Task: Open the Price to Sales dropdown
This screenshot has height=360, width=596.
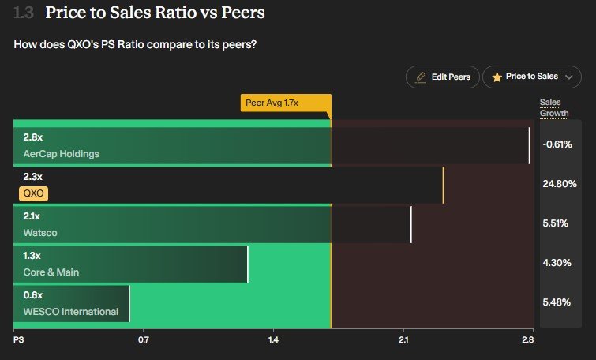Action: (x=532, y=77)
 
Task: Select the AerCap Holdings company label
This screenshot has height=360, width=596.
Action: (x=62, y=154)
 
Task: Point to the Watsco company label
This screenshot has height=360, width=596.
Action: (x=40, y=233)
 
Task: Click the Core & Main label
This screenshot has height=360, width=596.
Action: (x=51, y=272)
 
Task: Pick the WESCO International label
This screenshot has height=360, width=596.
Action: (x=71, y=312)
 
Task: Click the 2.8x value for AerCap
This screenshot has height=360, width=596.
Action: (x=33, y=137)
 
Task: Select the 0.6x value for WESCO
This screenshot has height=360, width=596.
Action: (x=33, y=295)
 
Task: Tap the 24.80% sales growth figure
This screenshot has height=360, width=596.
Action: (x=560, y=184)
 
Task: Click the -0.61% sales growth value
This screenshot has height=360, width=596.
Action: (x=557, y=144)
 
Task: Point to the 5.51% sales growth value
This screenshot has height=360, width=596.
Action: (x=556, y=223)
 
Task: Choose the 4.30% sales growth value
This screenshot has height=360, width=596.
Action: (x=557, y=263)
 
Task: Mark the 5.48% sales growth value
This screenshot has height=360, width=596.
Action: (x=557, y=302)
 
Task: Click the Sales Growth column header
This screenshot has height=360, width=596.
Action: (x=553, y=108)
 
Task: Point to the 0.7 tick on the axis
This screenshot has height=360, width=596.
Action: (x=144, y=340)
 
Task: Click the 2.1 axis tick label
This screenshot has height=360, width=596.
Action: (x=403, y=340)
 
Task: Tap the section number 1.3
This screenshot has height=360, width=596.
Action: (x=24, y=13)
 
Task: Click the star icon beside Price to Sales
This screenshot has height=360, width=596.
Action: (x=497, y=77)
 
